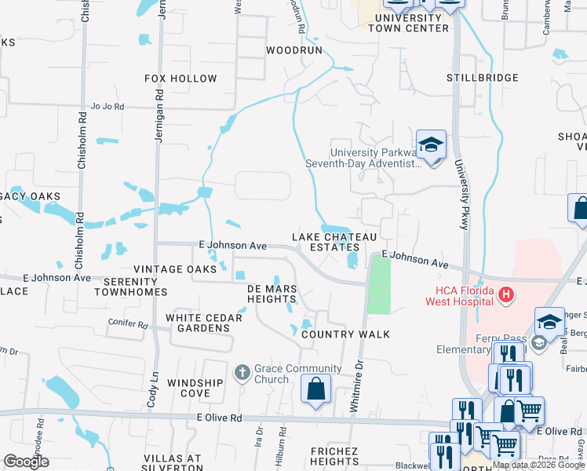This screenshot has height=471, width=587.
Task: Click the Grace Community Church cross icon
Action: pyautogui.click(x=242, y=371)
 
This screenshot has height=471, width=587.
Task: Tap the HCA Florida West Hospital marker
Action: pyautogui.click(x=507, y=295)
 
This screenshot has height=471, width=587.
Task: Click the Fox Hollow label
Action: pyautogui.click(x=180, y=78)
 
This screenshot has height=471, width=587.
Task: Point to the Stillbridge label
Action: pyautogui.click(x=483, y=78)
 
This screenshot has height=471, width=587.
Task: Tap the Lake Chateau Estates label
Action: pyautogui.click(x=335, y=242)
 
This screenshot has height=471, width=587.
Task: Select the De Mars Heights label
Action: pyautogui.click(x=272, y=294)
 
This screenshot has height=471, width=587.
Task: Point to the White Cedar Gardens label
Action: pyautogui.click(x=192, y=323)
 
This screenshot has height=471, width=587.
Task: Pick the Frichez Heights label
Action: pyautogui.click(x=334, y=456)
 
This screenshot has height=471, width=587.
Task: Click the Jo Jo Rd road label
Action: pyautogui.click(x=108, y=106)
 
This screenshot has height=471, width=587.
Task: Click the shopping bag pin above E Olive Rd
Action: pyautogui.click(x=315, y=389)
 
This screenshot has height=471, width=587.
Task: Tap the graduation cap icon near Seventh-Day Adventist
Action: pyautogui.click(x=431, y=144)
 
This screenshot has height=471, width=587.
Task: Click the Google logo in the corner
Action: pyautogui.click(x=26, y=462)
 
